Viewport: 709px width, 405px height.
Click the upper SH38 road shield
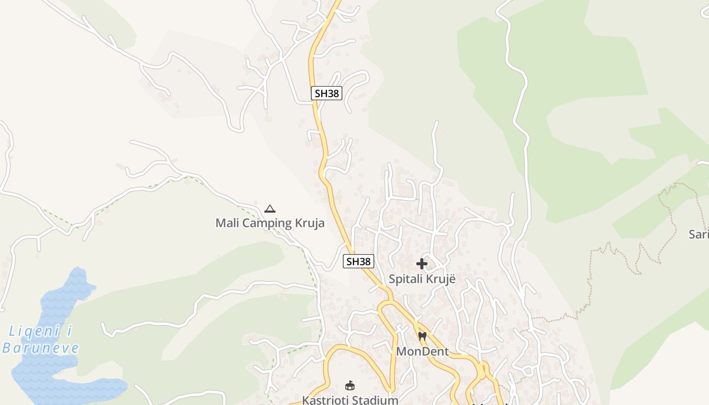click(x=327, y=93)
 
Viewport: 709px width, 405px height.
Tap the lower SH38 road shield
click(x=358, y=261)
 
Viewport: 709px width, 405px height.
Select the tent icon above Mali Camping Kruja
click(x=270, y=209)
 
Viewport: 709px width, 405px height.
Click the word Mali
click(x=226, y=223)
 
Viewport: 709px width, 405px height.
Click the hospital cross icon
click(x=421, y=264)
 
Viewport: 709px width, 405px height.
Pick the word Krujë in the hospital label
click(x=441, y=279)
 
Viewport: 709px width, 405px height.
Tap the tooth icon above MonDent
click(x=422, y=336)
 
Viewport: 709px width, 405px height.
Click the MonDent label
click(x=422, y=351)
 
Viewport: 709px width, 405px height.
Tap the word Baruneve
click(x=41, y=348)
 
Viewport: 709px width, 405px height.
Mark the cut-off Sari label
click(x=699, y=234)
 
